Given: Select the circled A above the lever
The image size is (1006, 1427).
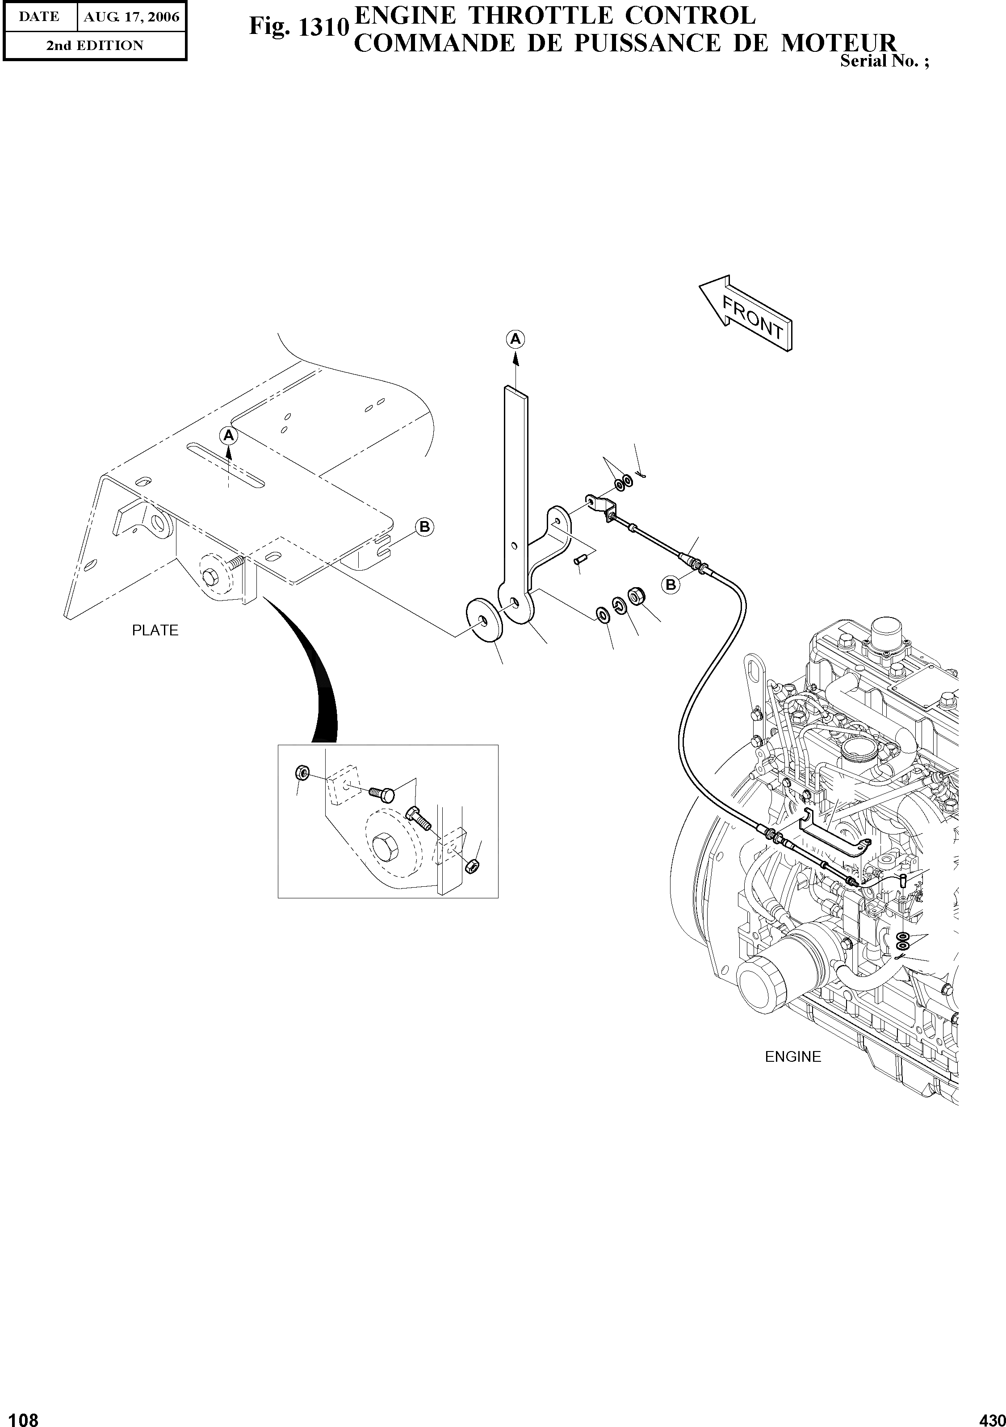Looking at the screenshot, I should [x=516, y=339].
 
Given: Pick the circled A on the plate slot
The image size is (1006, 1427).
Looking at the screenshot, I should [x=229, y=436].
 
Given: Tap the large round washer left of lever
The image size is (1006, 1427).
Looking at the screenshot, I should [x=484, y=619].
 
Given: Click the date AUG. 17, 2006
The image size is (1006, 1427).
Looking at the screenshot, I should [x=131, y=17].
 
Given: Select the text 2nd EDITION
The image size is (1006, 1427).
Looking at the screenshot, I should [x=95, y=46].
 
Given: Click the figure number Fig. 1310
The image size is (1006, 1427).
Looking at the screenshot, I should [x=297, y=27].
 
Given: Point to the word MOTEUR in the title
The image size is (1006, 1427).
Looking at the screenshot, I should [x=839, y=43].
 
